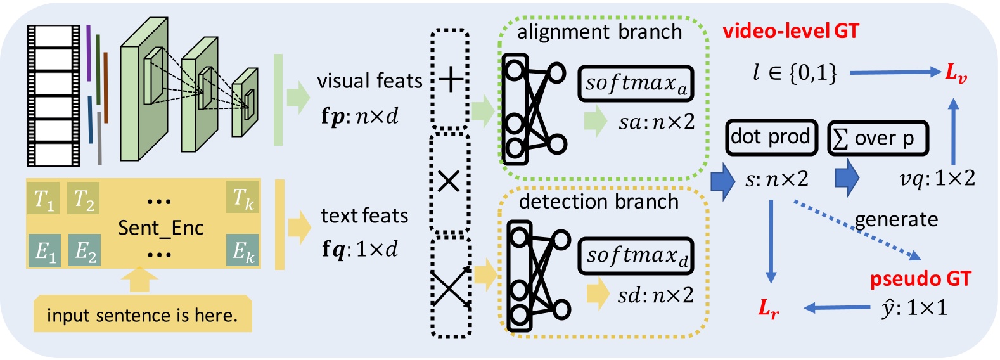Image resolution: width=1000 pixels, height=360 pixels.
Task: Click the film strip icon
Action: (x=53, y=95)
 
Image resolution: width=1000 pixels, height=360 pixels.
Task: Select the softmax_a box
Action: (x=636, y=84)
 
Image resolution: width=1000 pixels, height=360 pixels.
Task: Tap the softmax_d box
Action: (x=636, y=256)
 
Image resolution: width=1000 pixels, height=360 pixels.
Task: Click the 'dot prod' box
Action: (x=771, y=137)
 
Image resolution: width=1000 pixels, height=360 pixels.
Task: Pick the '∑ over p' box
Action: (x=878, y=138)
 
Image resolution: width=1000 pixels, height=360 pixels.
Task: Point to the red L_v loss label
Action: (x=956, y=73)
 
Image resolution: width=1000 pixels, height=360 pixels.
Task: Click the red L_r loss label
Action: (x=769, y=309)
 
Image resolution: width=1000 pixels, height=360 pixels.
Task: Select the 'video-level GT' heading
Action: (x=791, y=32)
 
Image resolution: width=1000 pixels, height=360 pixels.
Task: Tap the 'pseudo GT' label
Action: (x=920, y=279)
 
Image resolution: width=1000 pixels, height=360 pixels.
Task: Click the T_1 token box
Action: (x=44, y=198)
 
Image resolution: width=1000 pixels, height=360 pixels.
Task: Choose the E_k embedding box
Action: (x=243, y=251)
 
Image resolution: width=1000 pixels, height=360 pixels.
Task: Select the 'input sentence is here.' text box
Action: (x=143, y=315)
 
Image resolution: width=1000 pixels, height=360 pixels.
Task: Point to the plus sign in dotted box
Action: (x=450, y=80)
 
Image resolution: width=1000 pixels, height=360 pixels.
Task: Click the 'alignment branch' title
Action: (x=599, y=32)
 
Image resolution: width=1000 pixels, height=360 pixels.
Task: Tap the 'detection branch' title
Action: (x=598, y=202)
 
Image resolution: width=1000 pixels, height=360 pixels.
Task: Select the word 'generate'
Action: (x=896, y=219)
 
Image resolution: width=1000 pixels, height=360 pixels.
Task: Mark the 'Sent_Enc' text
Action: (x=161, y=228)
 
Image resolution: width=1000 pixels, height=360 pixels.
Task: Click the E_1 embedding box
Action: (x=44, y=251)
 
